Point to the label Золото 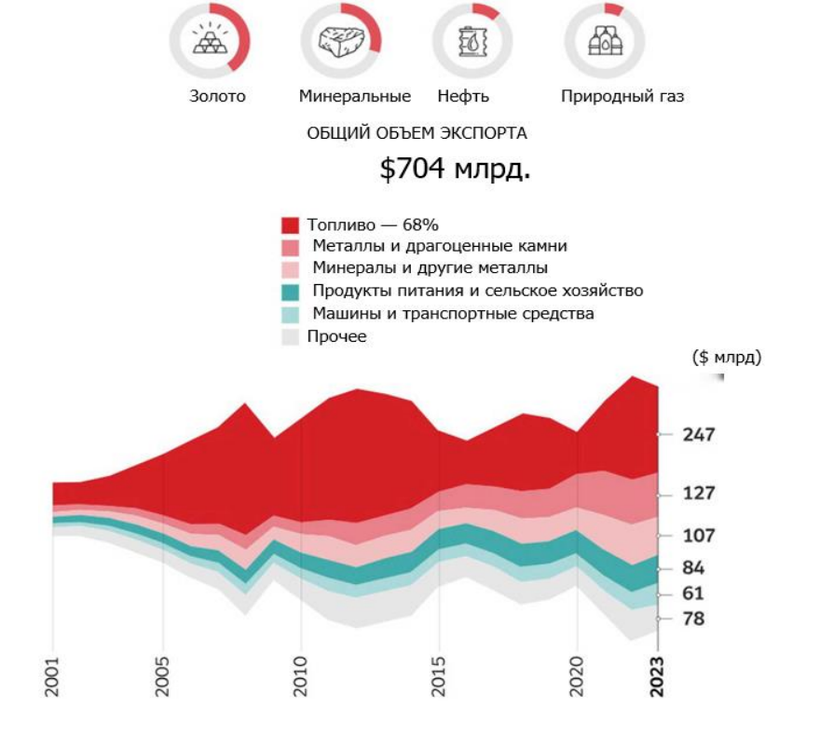[217, 96]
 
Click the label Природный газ [622, 96]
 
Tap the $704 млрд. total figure [455, 170]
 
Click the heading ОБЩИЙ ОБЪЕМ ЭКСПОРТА [417, 133]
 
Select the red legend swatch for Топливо [291, 225]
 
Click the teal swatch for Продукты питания [291, 292]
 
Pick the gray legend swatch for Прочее [291, 336]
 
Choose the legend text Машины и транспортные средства [453, 314]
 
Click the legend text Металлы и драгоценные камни [440, 247]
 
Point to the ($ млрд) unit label [727, 358]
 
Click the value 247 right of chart [698, 435]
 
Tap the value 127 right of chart [698, 494]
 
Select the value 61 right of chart [693, 593]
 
